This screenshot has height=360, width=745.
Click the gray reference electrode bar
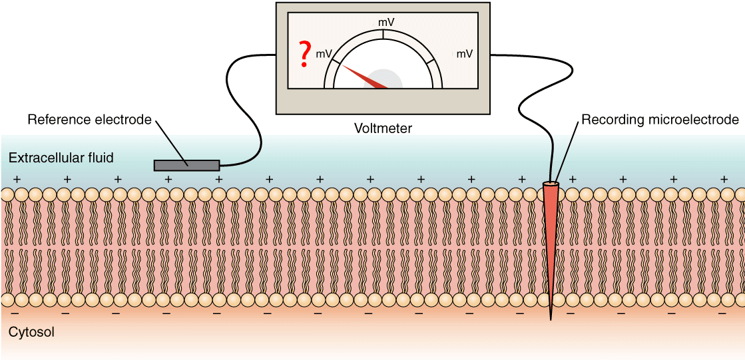pyautogui.click(x=186, y=165)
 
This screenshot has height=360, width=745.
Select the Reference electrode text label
pyautogui.click(x=89, y=118)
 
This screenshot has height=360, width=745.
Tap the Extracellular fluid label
pyautogui.click(x=61, y=158)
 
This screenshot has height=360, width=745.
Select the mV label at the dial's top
pyautogui.click(x=385, y=22)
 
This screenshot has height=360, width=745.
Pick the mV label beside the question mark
pyautogui.click(x=324, y=54)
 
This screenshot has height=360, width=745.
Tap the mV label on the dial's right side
pyautogui.click(x=464, y=54)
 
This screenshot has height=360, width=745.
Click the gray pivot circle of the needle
pyautogui.click(x=383, y=80)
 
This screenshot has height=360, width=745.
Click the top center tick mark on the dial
pyautogui.click(x=383, y=34)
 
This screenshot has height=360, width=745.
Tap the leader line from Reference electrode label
pyautogui.click(x=170, y=141)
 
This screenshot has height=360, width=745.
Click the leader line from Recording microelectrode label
pyautogui.click(x=566, y=152)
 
